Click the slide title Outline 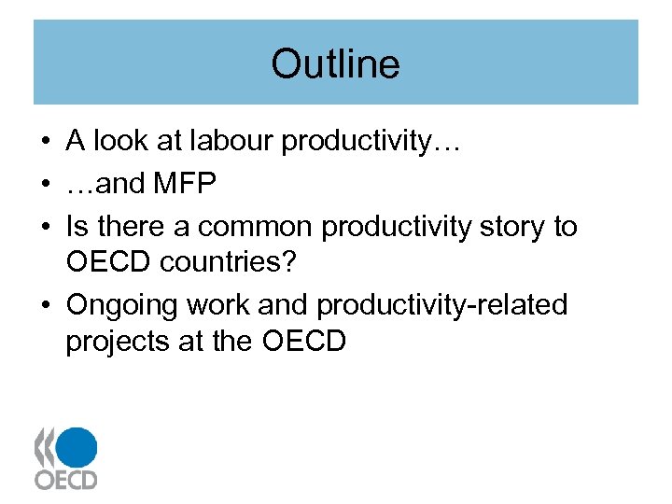pos(335,64)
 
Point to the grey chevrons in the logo pos(44,448)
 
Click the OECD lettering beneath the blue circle pos(65,480)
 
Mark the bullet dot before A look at pos(45,142)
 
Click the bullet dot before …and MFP pos(45,185)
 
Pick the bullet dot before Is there pos(45,228)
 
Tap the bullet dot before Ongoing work pos(45,306)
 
